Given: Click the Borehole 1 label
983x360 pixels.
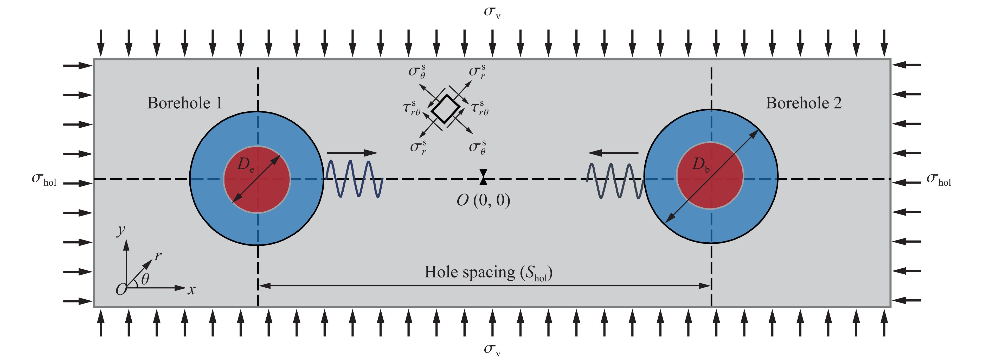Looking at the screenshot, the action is [185, 103].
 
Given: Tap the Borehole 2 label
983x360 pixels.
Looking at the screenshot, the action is [804, 103].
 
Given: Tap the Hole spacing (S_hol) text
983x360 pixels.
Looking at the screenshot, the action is [489, 273].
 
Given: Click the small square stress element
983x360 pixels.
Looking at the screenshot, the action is [445, 109].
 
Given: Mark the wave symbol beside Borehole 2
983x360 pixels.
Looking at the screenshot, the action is [615, 181].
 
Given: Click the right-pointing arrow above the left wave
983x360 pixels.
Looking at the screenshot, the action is [352, 153].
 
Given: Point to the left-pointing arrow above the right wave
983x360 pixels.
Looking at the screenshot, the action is [613, 153].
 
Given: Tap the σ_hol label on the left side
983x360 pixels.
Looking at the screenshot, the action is [44, 179].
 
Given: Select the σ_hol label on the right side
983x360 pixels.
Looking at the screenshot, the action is [939, 179].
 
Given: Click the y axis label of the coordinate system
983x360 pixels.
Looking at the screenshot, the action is [121, 231].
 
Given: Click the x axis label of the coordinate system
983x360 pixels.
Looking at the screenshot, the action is [191, 290].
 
